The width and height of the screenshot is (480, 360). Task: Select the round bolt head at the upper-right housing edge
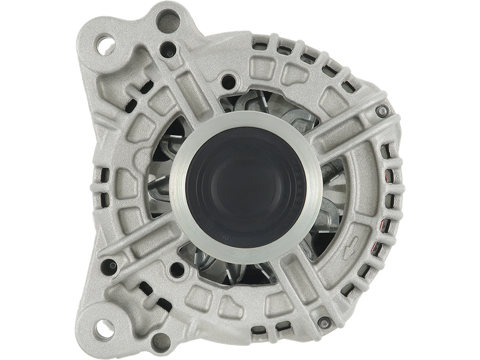click(382, 110)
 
